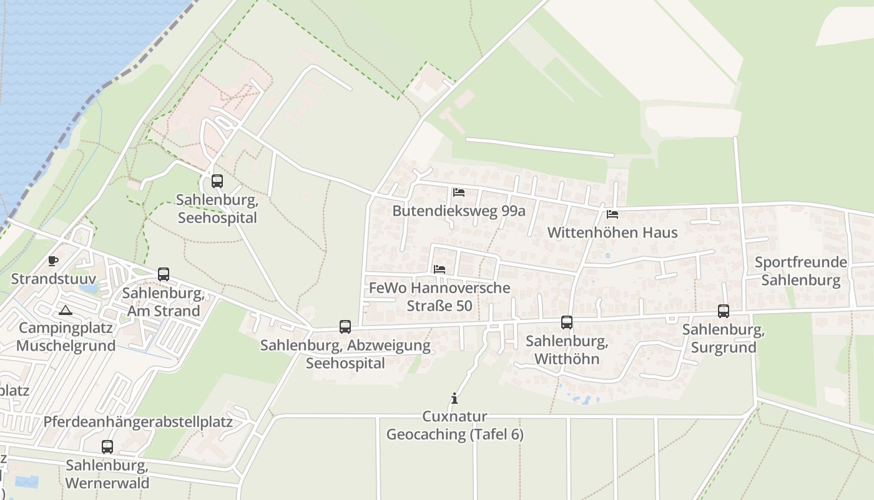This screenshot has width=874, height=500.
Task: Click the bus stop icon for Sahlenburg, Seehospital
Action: pos(217,181)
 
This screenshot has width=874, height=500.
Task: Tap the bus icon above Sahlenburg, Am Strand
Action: pos(164,274)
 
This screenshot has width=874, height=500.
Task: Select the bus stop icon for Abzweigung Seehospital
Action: pos(345,326)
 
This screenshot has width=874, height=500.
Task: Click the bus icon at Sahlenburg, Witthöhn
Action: pos(567,322)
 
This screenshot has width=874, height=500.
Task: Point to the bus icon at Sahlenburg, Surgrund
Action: pos(724,311)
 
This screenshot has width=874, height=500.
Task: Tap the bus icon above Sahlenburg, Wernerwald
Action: pos(107,447)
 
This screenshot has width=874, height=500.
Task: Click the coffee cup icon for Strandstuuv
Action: pos(53,261)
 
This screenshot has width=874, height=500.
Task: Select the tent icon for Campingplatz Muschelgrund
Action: pos(66,310)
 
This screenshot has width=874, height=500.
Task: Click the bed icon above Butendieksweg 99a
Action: pos(459,192)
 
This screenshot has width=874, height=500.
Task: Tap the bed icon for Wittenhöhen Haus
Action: pos(612,214)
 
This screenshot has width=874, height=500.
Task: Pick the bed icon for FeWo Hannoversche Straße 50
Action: pos(439,269)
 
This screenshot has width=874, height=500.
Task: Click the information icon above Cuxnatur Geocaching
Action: pos(454,398)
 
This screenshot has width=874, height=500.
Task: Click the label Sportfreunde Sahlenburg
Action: pos(801,271)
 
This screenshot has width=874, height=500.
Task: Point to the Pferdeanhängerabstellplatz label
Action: pos(138,422)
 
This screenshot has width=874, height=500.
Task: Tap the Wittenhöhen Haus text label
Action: pos(612,232)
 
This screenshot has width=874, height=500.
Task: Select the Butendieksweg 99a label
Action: pos(459,211)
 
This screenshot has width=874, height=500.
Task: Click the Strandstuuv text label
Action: pos(54,279)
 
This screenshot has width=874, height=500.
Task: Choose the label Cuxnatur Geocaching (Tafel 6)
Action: pos(455,426)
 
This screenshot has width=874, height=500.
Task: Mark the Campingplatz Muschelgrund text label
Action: pos(66,337)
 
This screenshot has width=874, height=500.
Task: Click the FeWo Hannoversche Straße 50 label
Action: pos(439,297)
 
